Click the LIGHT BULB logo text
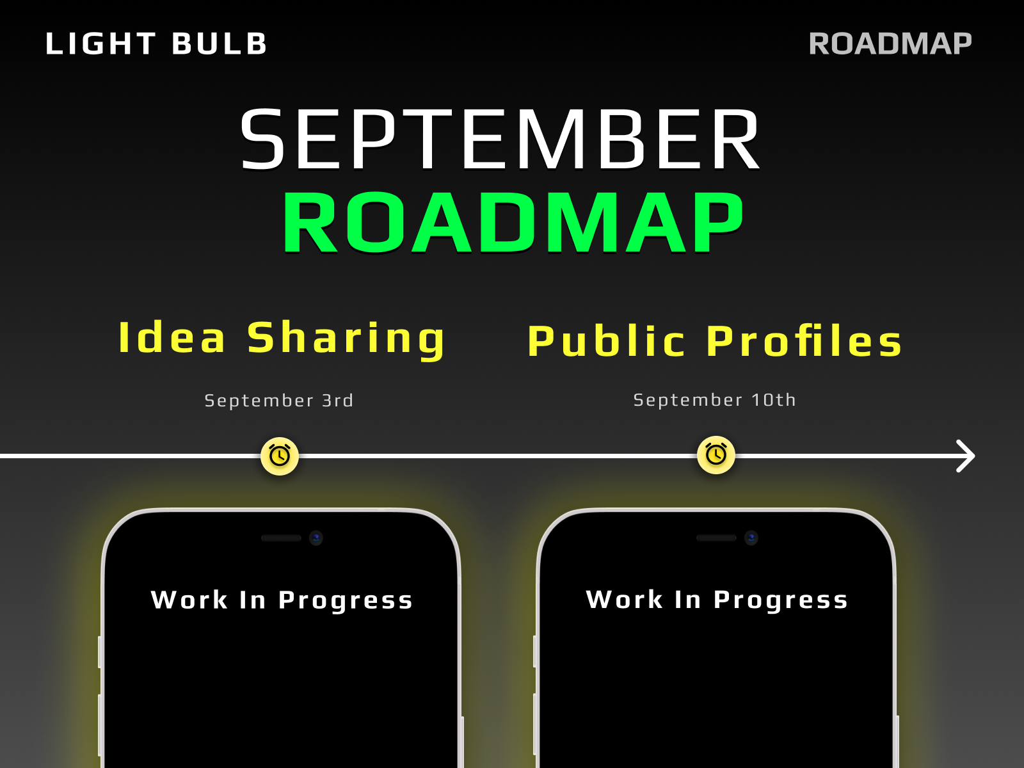point(156,44)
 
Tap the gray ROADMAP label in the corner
point(890,44)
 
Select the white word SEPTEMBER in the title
point(500,139)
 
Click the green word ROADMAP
point(513,223)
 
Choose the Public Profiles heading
point(715,341)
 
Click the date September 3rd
point(279,401)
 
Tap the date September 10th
point(715,399)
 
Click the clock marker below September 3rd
point(280,456)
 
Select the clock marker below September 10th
point(716,454)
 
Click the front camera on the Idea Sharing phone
point(316,538)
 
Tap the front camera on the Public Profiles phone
point(751,538)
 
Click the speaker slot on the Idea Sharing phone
point(282,538)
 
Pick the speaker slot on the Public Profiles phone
point(716,538)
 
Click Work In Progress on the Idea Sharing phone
point(282,600)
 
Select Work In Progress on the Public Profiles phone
point(717,600)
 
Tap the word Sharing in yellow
point(346,339)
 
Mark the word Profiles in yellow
point(804,341)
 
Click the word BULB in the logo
point(220,44)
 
